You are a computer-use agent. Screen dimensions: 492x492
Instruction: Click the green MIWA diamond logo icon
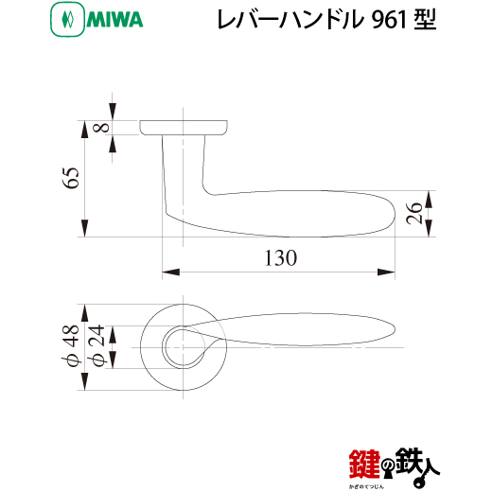click(67, 20)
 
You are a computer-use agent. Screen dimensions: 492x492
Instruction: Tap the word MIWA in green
click(114, 20)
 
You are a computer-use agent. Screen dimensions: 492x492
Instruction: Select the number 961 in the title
click(389, 20)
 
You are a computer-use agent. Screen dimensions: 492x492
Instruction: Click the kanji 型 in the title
click(426, 20)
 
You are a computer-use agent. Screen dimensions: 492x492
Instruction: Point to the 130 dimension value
click(280, 258)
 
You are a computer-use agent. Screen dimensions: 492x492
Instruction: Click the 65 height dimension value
click(71, 178)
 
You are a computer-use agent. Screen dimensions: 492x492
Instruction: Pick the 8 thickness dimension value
click(102, 128)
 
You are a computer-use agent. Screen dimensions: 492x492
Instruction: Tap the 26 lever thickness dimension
click(414, 214)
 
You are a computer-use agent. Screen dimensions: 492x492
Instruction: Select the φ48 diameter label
click(71, 345)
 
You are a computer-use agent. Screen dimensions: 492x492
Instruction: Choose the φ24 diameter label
click(97, 345)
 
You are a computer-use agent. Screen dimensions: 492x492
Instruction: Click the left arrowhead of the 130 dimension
click(171, 272)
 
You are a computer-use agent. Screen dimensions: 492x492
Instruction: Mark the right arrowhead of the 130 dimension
click(386, 272)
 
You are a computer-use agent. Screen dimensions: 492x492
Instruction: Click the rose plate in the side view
click(184, 128)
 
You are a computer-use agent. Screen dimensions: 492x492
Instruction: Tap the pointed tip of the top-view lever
click(395, 329)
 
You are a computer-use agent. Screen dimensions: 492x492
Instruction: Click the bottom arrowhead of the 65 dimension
click(84, 228)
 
